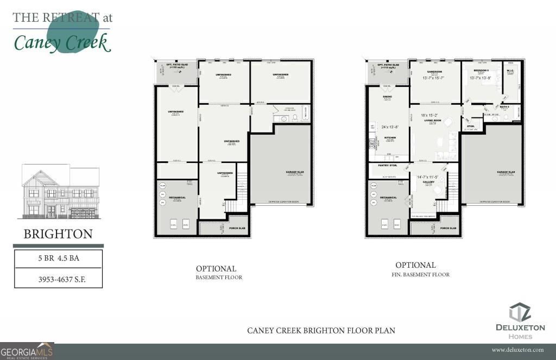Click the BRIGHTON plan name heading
tap(58, 235)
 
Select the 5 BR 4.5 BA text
tap(58, 258)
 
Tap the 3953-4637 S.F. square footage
tap(58, 280)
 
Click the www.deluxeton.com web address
tap(517, 350)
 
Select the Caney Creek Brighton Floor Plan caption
tap(321, 330)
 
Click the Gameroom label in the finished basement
tap(434, 71)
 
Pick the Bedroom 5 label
tap(481, 71)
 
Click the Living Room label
tap(433, 121)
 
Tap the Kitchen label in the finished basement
tap(389, 138)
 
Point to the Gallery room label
tap(429, 183)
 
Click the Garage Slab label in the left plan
tap(295, 172)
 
